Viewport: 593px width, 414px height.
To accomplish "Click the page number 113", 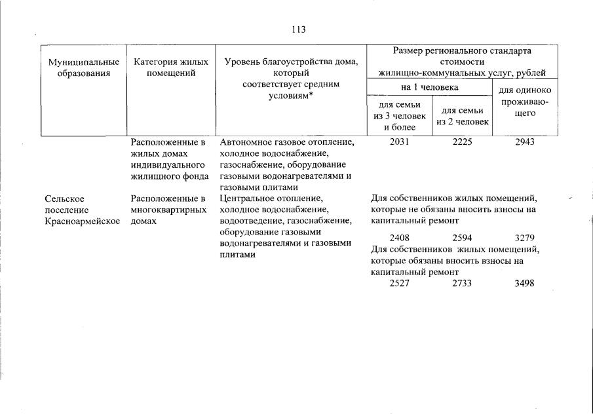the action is [x=299, y=29].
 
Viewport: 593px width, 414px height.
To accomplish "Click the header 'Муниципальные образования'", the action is [x=84, y=67].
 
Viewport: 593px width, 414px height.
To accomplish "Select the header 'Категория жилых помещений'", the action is [x=171, y=67].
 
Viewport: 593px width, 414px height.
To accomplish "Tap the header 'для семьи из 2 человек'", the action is [x=463, y=116].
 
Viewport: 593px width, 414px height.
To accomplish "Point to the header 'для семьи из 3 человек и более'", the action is [x=399, y=116].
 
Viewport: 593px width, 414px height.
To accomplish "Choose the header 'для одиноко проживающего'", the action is [x=525, y=102].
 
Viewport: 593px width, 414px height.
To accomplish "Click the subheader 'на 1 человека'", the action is [x=429, y=86].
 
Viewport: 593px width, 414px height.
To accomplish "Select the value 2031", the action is [x=399, y=142].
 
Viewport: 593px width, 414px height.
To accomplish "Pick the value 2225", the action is [x=462, y=142].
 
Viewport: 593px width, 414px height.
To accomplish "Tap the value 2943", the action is [x=525, y=142].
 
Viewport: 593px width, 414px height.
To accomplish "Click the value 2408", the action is [x=399, y=238].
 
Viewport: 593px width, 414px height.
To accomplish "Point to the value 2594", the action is [x=462, y=238].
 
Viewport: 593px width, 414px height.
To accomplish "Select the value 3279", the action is [x=525, y=238].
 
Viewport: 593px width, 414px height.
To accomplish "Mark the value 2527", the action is [x=399, y=283].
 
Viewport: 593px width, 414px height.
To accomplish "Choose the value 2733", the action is [x=462, y=283].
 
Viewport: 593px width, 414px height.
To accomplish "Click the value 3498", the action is [x=525, y=283].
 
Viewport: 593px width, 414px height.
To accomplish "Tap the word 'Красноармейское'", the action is [x=83, y=221].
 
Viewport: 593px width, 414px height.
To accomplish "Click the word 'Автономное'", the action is [x=244, y=142].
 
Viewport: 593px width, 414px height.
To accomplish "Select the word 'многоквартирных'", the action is [x=169, y=210].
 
